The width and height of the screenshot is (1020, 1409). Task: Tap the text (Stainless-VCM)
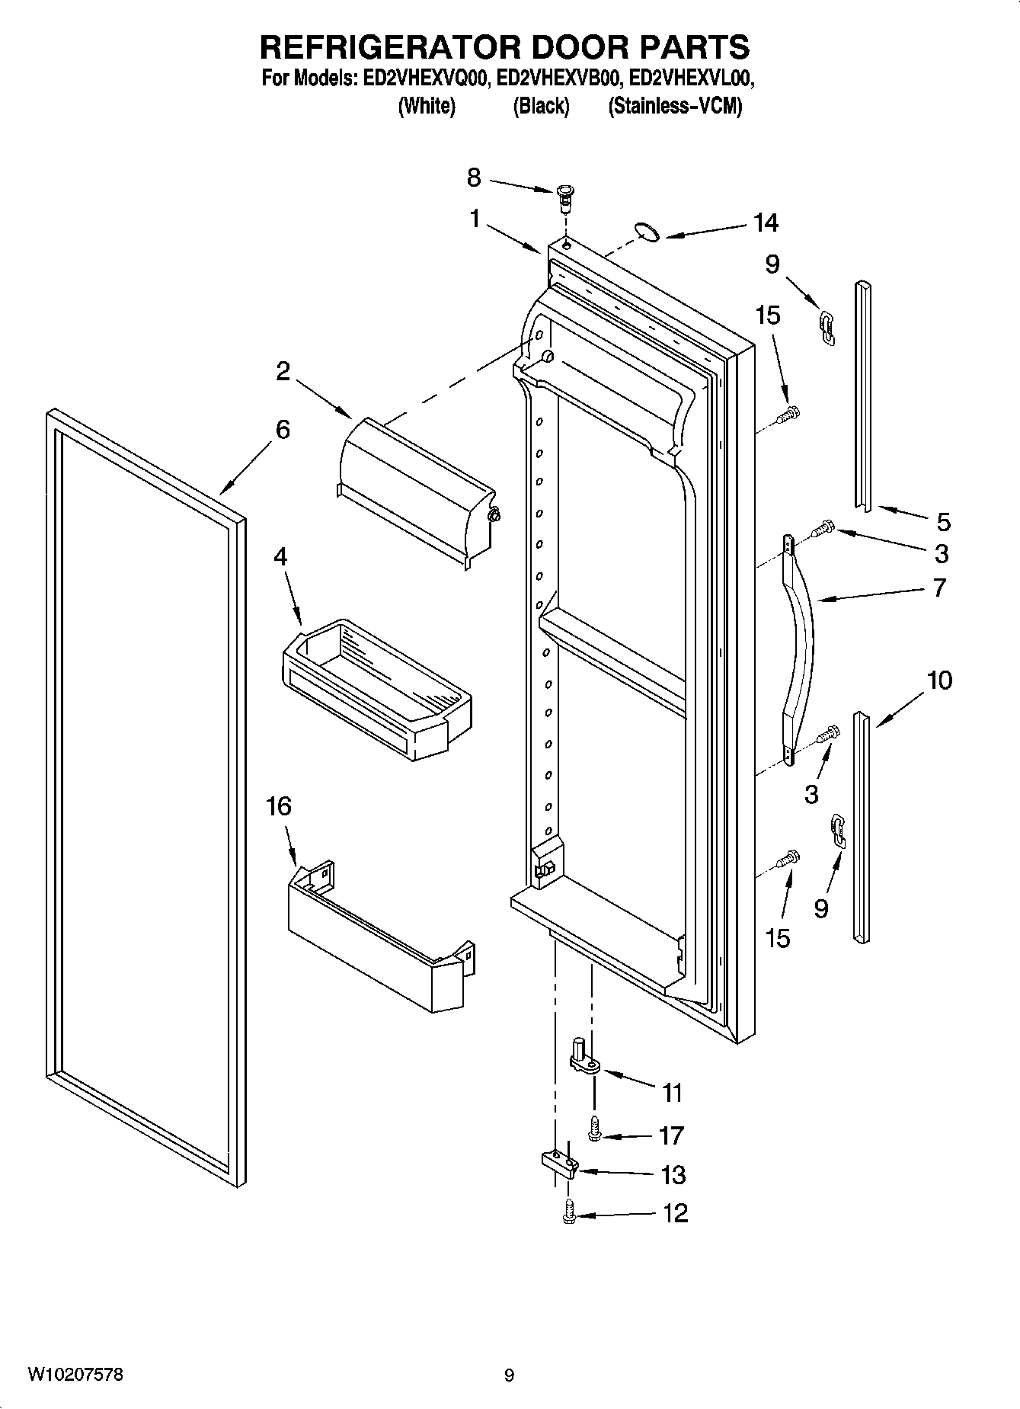point(675,106)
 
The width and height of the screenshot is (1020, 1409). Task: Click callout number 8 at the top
point(474,178)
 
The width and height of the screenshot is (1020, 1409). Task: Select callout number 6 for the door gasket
point(283,430)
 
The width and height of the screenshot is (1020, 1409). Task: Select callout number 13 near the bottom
point(673,1174)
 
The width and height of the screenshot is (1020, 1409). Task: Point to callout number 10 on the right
point(940,680)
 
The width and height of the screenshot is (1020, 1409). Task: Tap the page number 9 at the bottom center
point(509,1375)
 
